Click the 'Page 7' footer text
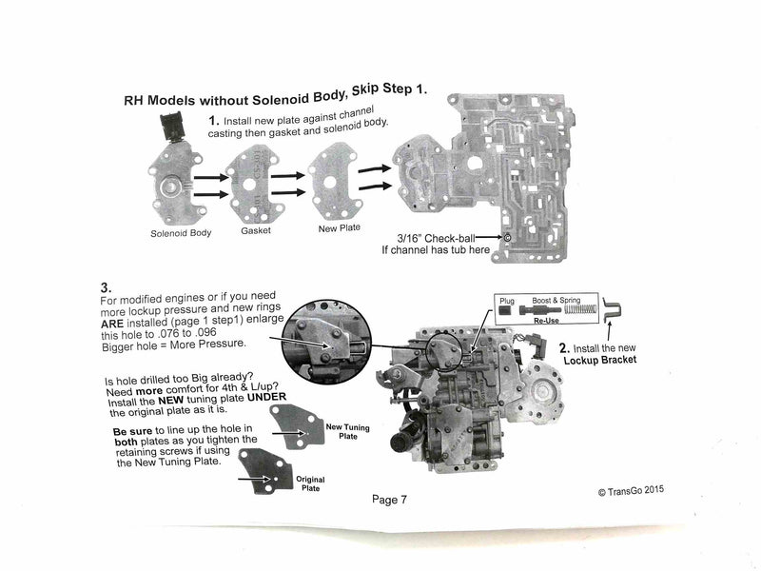(x=391, y=500)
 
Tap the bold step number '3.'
(x=107, y=286)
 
